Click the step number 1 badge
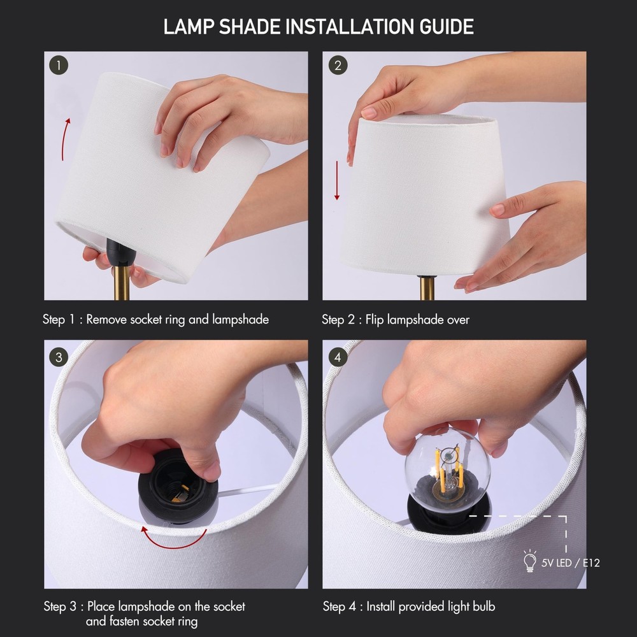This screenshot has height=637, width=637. (59, 65)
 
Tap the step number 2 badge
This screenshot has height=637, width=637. (338, 65)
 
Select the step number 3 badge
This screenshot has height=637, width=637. (59, 357)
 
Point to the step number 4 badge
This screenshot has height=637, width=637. (338, 357)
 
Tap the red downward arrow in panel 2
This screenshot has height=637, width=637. (338, 180)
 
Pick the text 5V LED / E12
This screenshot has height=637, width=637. (570, 562)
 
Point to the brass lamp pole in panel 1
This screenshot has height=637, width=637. (122, 287)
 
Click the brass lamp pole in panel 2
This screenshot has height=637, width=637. (427, 288)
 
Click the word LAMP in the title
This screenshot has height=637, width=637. (185, 27)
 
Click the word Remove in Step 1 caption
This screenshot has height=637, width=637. (106, 320)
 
